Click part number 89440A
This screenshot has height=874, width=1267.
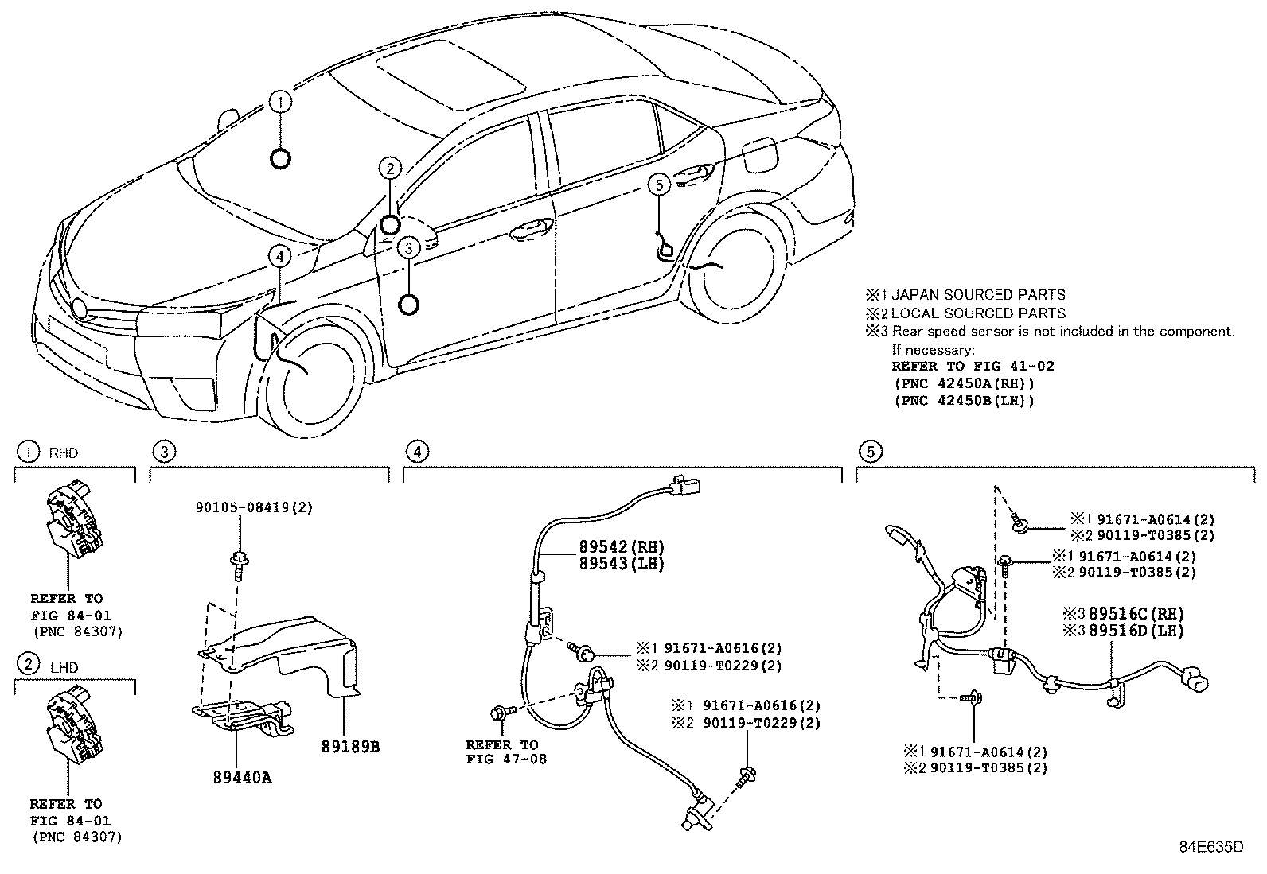click(x=242, y=777)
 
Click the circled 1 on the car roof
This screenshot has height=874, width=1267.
click(x=280, y=102)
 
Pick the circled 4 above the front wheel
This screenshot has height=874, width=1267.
click(x=279, y=256)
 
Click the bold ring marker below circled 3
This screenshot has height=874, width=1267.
click(x=408, y=305)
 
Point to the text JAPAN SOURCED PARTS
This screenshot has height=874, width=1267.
click(x=977, y=295)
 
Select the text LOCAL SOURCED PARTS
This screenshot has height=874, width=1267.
click(x=977, y=313)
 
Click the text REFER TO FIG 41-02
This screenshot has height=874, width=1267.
click(x=973, y=367)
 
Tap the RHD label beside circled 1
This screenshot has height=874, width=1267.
click(x=64, y=453)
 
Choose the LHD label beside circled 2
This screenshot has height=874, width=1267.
click(x=64, y=667)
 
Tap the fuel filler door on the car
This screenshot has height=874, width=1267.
click(x=759, y=154)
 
